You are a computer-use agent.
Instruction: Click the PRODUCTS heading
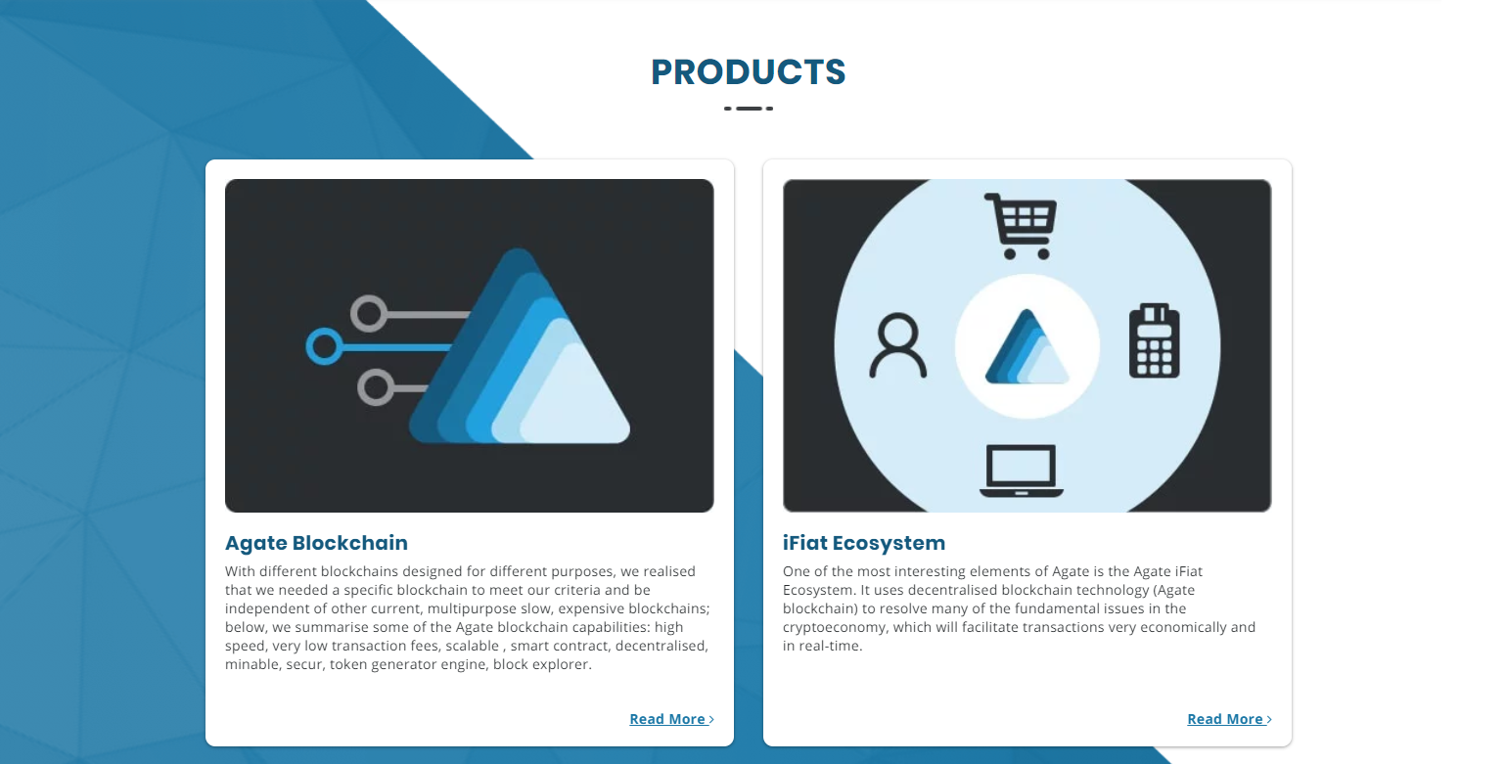pos(748,71)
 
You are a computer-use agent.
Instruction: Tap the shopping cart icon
pos(1021,226)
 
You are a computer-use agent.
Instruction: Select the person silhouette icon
pos(897,345)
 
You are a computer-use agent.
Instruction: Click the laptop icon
pos(1021,471)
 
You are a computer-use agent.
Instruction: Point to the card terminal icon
pos(1154,340)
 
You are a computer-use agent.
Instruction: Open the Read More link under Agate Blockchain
pos(671,719)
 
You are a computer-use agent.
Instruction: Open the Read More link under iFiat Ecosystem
pos(1229,719)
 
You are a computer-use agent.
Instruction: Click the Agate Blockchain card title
pos(316,543)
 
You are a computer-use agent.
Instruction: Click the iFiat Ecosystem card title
pos(863,543)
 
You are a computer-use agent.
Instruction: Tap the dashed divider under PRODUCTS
pos(749,109)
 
